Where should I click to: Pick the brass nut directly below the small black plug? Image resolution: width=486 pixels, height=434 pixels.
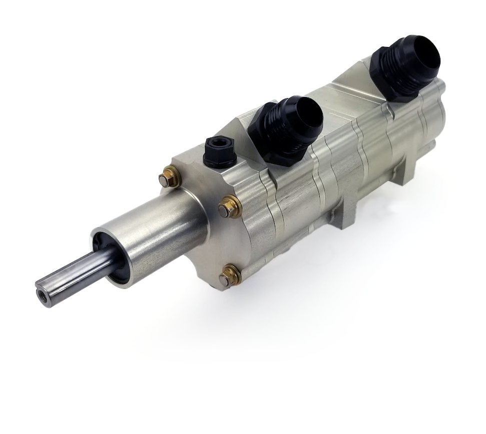[230, 206]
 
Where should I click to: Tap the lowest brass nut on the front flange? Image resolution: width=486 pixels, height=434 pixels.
[229, 276]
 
